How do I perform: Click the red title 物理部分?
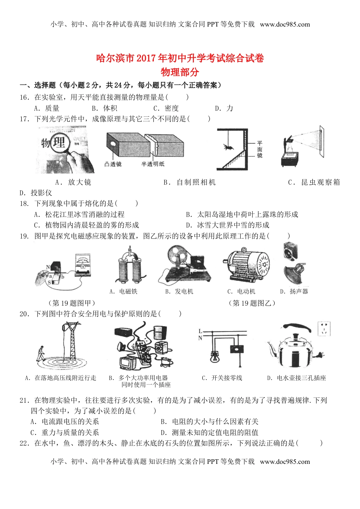click(x=180, y=72)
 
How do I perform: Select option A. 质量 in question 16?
click(x=47, y=108)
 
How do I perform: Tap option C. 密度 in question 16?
click(x=166, y=108)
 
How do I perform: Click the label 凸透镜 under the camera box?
click(x=113, y=164)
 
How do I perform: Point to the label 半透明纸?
click(x=153, y=164)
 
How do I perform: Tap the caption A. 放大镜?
click(x=73, y=182)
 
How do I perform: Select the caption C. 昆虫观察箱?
click(x=314, y=182)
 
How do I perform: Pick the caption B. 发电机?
click(x=179, y=291)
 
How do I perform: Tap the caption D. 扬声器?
click(x=294, y=291)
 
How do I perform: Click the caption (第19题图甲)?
click(x=72, y=303)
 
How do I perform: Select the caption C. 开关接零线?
click(x=222, y=378)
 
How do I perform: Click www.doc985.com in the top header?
click(x=285, y=25)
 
